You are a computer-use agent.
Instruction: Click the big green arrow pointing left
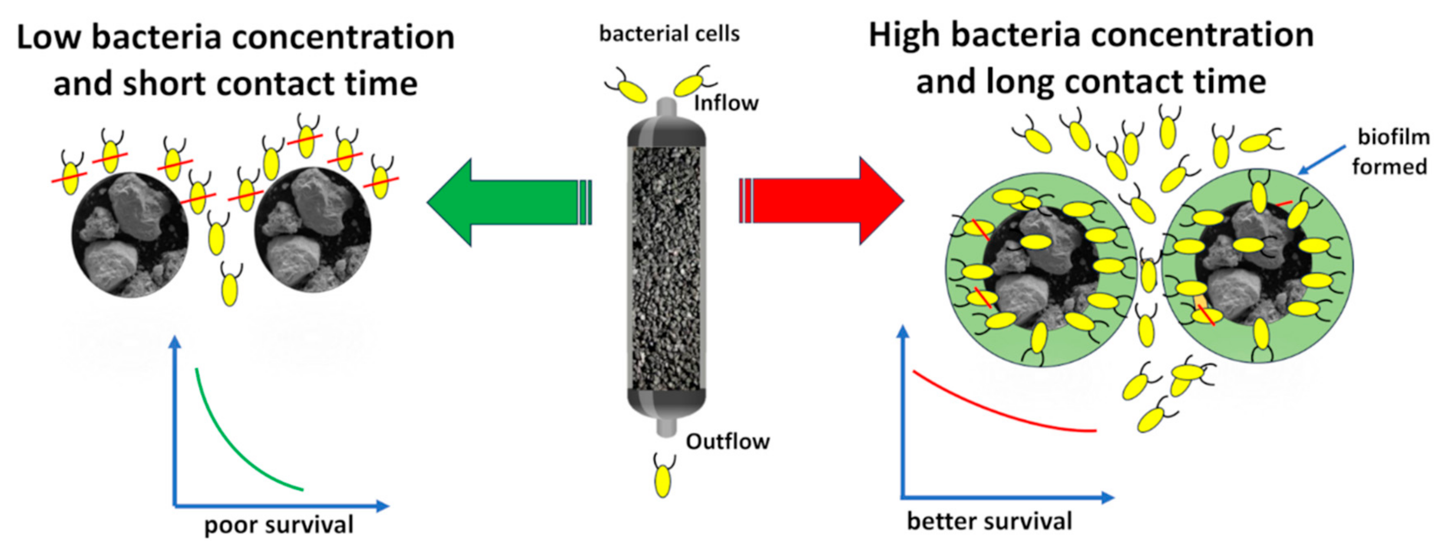point(506,203)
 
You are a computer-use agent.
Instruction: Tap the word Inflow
point(726,103)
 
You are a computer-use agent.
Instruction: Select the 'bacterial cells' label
point(669,34)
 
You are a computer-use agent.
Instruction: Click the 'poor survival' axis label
point(278,525)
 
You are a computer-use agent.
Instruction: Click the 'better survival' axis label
point(989,521)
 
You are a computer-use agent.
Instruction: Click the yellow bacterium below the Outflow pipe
point(663,479)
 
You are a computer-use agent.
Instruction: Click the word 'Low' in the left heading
point(49,38)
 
